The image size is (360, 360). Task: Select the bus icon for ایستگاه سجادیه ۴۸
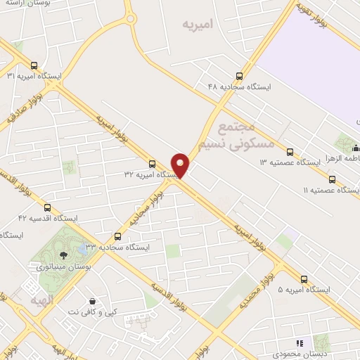pos(240,76)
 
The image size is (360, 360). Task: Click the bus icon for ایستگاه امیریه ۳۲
pos(152,163)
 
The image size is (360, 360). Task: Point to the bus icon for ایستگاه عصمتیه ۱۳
pos(290,152)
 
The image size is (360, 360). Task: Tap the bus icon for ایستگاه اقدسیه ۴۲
pos(47,208)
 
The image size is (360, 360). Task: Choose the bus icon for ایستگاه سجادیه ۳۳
pos(117,236)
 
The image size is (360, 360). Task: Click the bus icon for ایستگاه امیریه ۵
pos(304,278)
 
